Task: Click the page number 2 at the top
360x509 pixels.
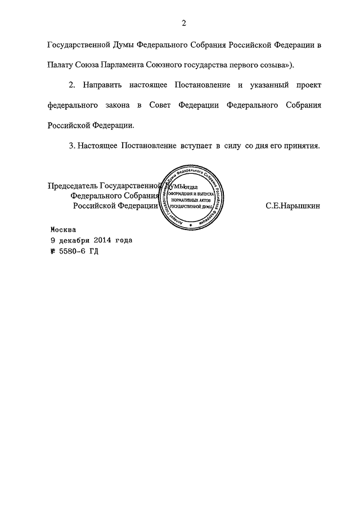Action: (x=184, y=23)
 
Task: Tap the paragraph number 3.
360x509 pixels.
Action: (x=71, y=146)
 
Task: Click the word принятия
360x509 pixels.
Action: (x=301, y=146)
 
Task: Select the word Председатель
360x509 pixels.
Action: (x=73, y=186)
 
